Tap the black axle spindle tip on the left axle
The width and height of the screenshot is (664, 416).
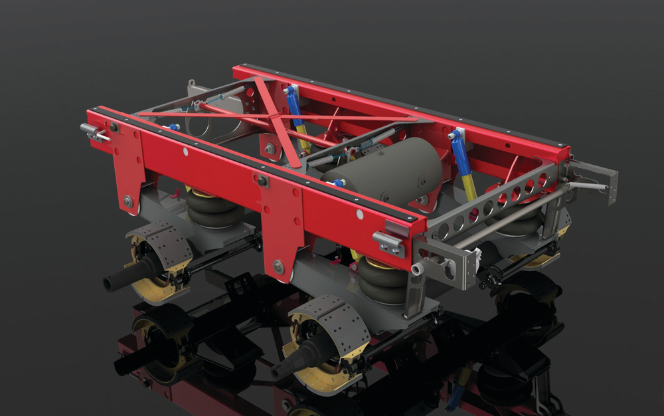(x=110, y=282)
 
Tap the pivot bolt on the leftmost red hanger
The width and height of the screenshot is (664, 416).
(x=127, y=199)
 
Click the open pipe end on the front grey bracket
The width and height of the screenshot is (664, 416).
(x=416, y=268)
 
